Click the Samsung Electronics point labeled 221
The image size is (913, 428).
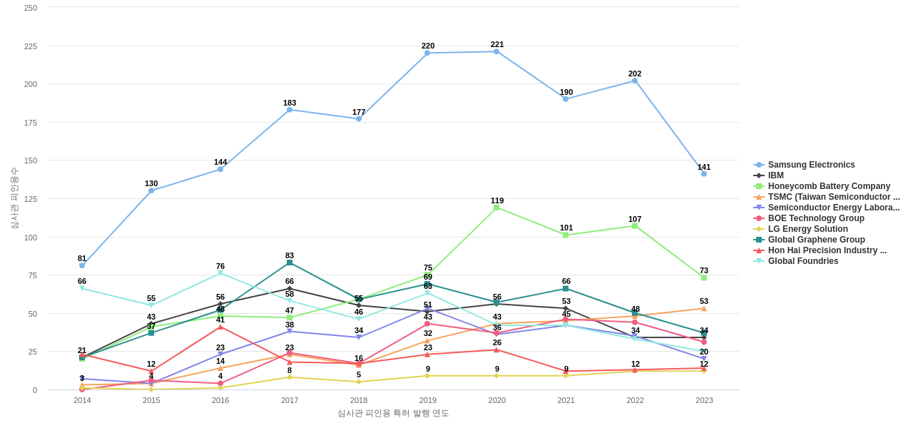coord(496,51)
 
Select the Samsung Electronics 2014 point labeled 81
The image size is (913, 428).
coord(82,265)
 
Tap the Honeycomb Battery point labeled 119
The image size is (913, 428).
coord(496,208)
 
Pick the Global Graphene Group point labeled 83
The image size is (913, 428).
coord(290,263)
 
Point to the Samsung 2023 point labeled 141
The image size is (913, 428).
coord(704,174)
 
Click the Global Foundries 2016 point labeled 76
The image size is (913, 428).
coord(220,273)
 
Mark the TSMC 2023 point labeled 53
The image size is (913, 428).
coord(704,309)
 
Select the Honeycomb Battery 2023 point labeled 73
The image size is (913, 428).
coord(704,277)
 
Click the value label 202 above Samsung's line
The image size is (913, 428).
coord(635,73)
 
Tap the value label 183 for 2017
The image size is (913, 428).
coord(290,103)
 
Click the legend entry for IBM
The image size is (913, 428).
coord(775,175)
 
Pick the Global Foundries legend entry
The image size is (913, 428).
coord(802,261)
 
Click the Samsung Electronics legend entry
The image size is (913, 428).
coord(811,165)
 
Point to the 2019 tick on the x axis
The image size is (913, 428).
coord(428,400)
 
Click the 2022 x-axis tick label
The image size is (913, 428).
coord(635,400)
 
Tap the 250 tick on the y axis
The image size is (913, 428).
coord(31,8)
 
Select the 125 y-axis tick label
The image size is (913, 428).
coord(31,199)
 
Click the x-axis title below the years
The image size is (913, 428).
coord(393,413)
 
